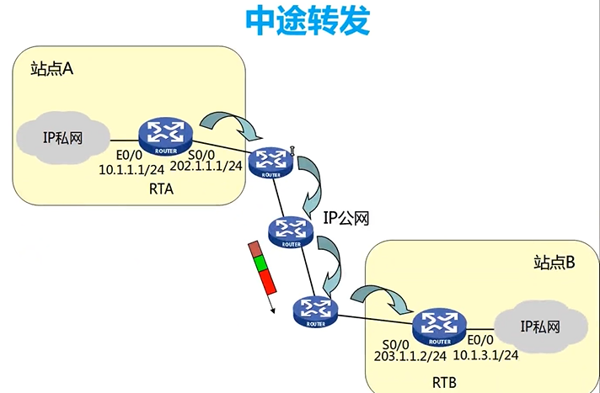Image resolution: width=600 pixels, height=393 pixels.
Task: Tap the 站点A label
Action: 52,69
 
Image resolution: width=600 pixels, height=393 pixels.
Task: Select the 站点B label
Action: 554,263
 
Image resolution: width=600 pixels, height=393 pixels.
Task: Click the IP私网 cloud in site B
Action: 540,326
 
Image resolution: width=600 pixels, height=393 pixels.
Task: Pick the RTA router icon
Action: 168,133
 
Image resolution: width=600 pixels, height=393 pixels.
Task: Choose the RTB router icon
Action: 438,326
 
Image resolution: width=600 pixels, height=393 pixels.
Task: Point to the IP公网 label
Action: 348,218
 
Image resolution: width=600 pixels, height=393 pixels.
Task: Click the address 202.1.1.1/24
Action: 206,167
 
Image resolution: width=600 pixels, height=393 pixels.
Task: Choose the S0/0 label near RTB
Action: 395,343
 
